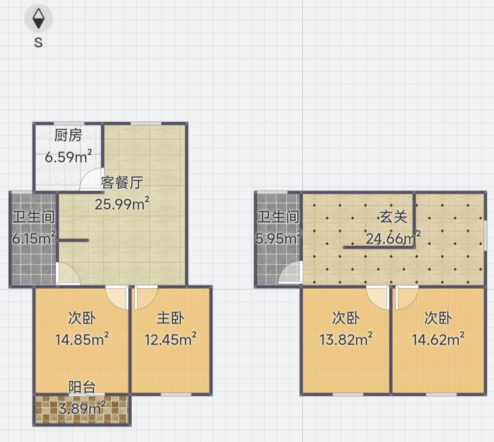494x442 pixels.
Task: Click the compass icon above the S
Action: [38, 18]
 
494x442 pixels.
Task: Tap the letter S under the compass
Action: [38, 42]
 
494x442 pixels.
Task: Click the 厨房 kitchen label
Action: [68, 135]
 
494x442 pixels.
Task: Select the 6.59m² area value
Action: [68, 156]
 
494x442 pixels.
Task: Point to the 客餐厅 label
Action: [122, 183]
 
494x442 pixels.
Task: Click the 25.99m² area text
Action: [122, 204]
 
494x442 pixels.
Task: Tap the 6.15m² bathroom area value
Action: [34, 238]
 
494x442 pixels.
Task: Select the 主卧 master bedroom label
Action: [171, 318]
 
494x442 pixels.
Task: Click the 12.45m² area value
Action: [171, 339]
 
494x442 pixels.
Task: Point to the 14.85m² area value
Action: [82, 339]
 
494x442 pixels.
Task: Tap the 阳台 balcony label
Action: [82, 387]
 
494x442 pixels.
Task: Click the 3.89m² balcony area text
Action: [82, 408]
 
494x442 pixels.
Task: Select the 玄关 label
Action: [393, 217]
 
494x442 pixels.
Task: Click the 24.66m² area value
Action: [393, 238]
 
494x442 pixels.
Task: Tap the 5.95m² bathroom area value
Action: [278, 238]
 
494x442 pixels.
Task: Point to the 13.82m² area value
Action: [346, 339]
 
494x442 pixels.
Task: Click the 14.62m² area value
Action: [438, 339]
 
